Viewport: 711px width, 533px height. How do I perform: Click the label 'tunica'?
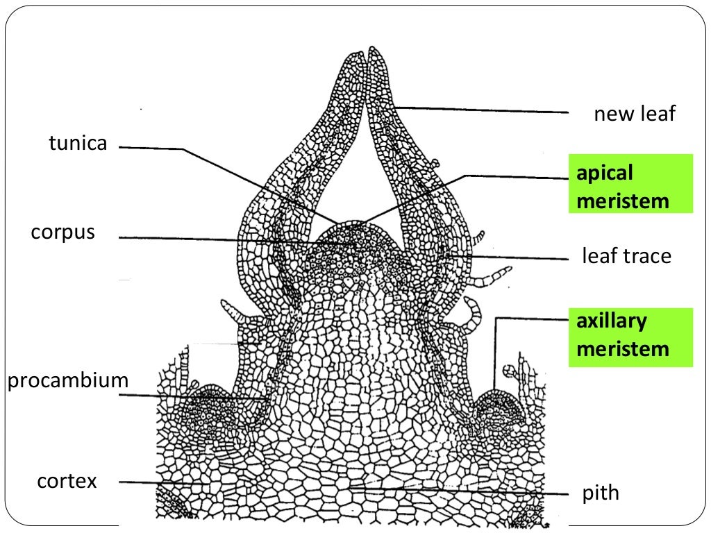coord(78,143)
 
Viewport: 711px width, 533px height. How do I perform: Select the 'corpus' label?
coord(63,232)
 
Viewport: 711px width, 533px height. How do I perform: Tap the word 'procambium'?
coord(68,380)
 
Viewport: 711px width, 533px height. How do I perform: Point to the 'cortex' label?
coord(67,481)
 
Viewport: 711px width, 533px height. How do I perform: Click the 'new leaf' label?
coord(635,113)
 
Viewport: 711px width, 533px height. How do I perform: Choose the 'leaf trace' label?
coord(627,255)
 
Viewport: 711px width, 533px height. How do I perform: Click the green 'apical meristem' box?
coord(630,183)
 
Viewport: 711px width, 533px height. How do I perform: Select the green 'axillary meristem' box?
coord(630,337)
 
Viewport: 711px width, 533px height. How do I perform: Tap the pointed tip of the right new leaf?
coord(373,48)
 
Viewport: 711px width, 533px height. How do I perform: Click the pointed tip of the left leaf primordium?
coord(358,53)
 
